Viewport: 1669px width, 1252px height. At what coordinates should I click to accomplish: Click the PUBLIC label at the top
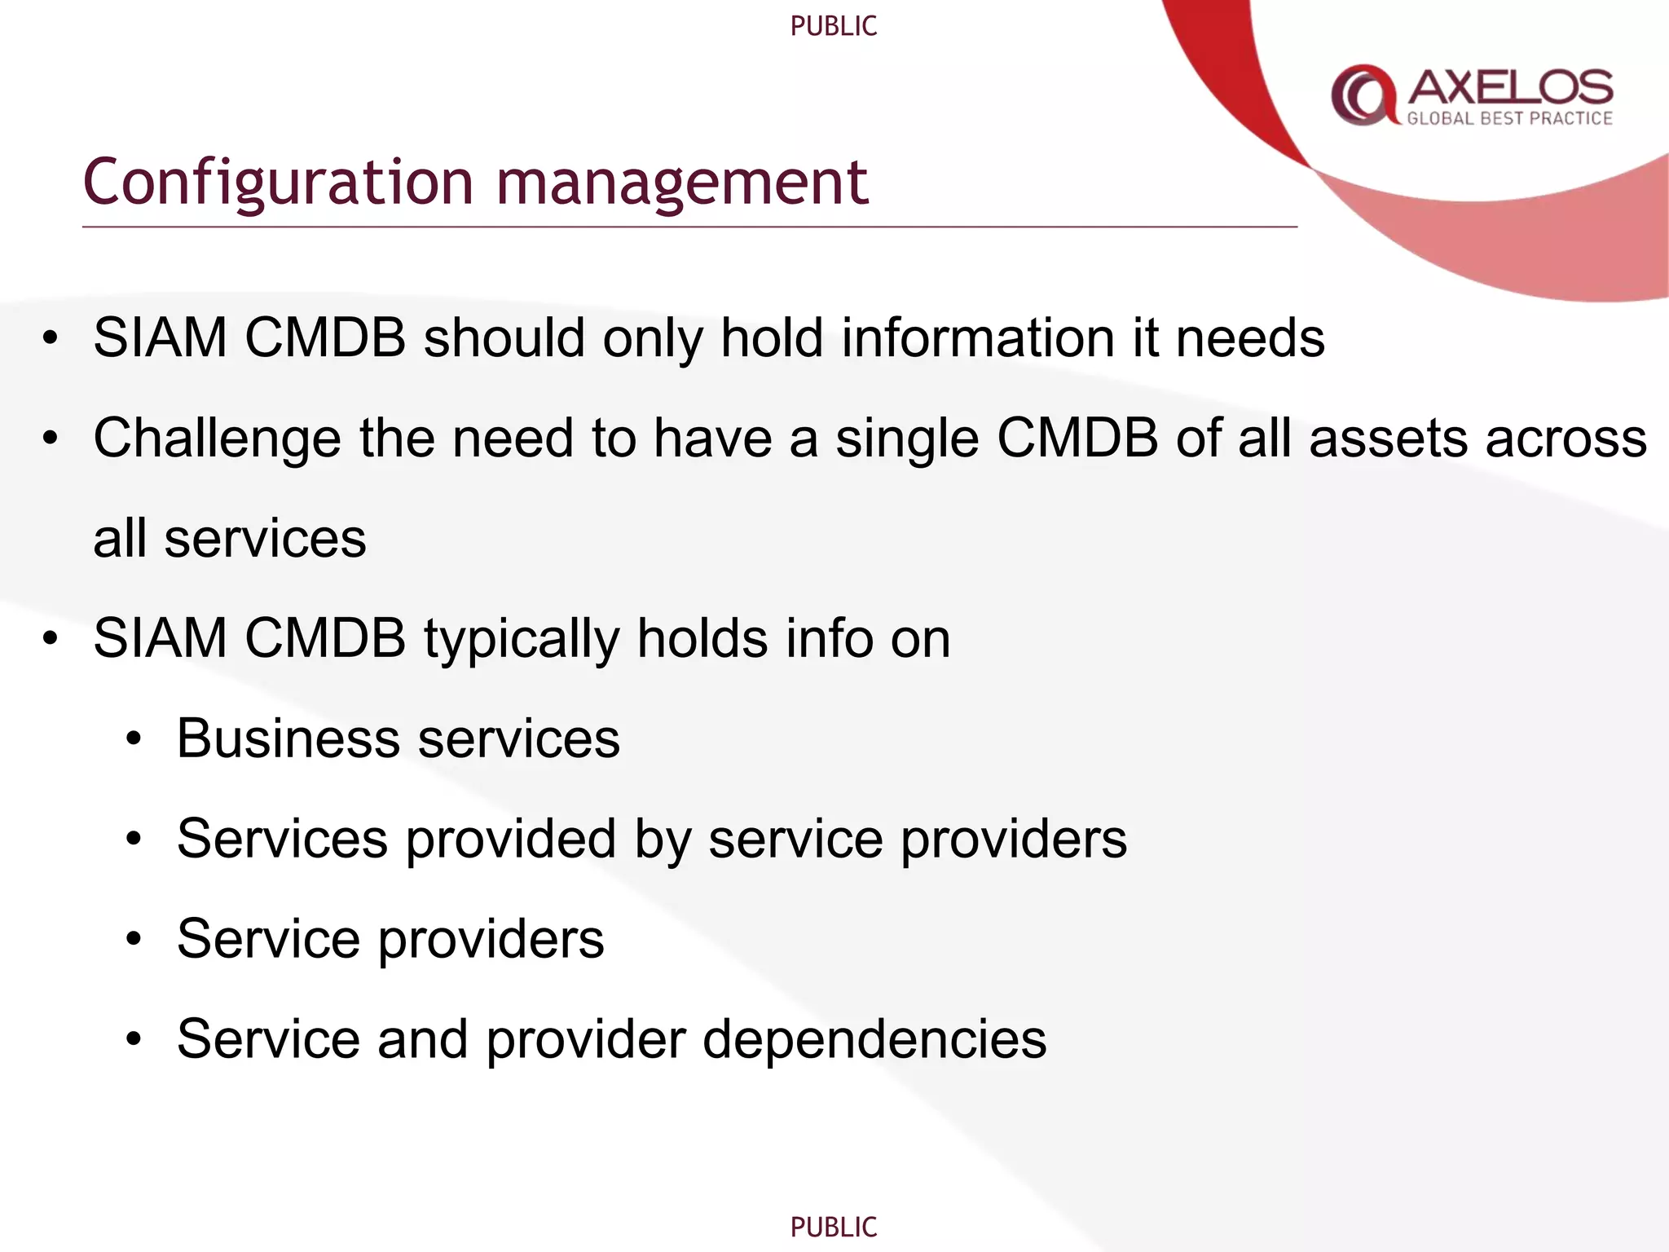[834, 26]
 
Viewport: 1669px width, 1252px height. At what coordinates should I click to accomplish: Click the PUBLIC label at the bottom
[834, 1227]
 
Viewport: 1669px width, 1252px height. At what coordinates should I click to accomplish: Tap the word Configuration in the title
[278, 183]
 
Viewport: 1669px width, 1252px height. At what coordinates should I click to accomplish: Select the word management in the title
[682, 183]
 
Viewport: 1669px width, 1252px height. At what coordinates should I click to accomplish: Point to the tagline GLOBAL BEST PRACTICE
[1509, 119]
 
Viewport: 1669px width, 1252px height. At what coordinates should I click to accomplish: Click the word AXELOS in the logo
[1510, 86]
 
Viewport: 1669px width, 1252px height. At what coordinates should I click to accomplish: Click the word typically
[522, 640]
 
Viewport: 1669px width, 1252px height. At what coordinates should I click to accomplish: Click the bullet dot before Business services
[134, 740]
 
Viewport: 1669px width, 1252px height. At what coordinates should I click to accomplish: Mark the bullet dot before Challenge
[51, 439]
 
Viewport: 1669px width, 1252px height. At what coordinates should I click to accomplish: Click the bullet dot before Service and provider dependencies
[134, 1040]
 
